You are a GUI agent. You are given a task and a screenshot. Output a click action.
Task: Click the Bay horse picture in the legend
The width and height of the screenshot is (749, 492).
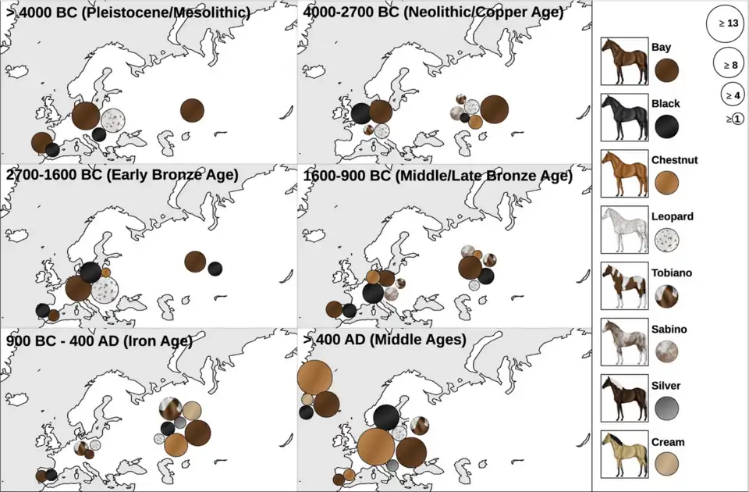pos(624,60)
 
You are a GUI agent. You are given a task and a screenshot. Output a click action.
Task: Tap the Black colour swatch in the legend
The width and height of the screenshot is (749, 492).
pos(666,126)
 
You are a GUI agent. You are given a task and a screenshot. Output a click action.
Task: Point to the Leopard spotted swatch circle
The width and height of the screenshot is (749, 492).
pos(666,239)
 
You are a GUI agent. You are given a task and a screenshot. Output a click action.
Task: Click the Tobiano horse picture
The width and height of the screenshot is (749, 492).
pos(624,287)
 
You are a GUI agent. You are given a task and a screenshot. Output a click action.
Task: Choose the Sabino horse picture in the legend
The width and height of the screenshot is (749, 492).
pos(624,343)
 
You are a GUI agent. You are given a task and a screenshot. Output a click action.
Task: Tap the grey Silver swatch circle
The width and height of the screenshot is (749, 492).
pos(666,408)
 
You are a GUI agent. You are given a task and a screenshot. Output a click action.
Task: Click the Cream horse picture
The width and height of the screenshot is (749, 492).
pos(624,455)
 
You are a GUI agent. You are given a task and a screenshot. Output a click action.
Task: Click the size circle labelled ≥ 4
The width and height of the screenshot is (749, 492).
pos(731,94)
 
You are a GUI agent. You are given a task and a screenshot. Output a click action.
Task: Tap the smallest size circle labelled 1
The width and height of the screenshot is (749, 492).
pos(737,119)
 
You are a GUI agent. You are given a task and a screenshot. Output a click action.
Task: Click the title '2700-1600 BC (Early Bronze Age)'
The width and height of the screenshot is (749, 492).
pos(122,175)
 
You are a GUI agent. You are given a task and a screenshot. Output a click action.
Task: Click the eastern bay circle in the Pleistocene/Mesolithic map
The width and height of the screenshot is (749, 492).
pos(193,111)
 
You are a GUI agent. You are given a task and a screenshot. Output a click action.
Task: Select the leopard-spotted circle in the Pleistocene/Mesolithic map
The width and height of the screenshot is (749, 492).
pos(115,120)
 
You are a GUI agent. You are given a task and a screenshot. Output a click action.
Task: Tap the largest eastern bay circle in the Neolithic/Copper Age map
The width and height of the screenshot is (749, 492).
pos(494,109)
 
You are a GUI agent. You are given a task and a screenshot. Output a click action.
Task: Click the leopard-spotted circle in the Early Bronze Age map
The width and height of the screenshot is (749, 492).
pos(104,291)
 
